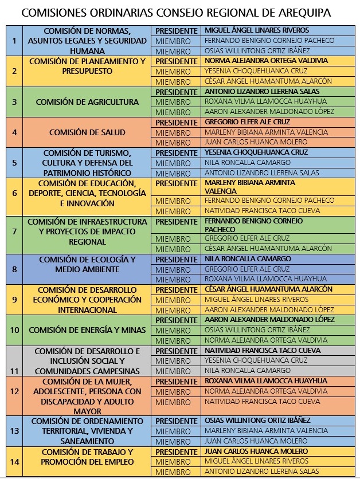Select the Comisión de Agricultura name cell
click(87, 102)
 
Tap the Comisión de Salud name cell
click(87, 132)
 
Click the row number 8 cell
click(15, 269)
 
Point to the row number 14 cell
click(15, 461)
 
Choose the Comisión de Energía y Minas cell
click(87, 330)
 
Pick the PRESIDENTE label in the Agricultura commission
click(177, 92)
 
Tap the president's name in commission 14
click(256, 451)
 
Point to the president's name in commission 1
click(257, 30)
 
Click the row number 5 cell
click(15, 163)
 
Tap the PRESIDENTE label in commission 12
click(177, 382)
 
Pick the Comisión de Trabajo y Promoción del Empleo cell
click(87, 457)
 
